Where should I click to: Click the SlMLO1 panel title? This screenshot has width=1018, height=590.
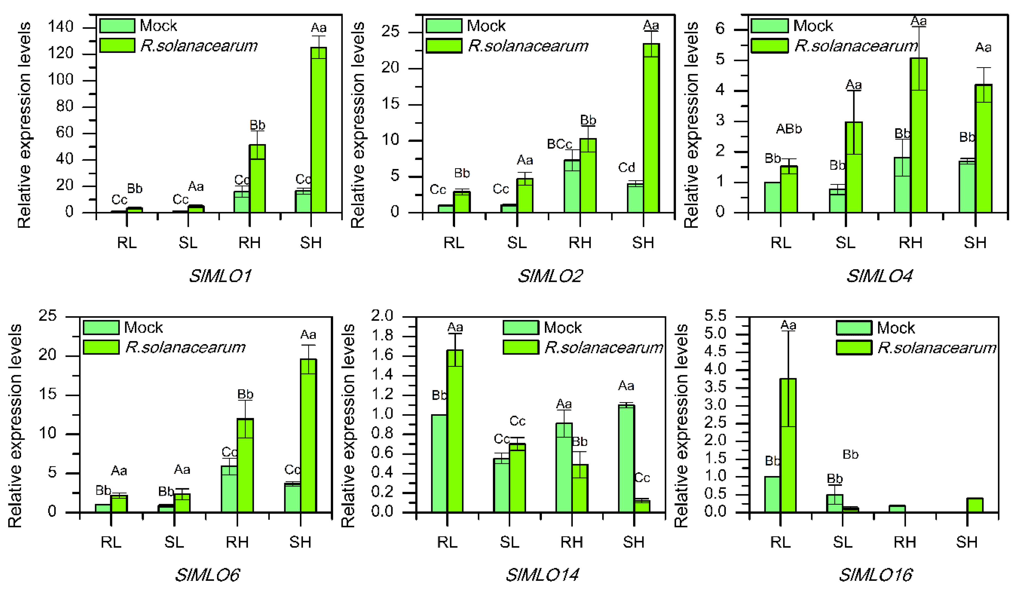(x=220, y=276)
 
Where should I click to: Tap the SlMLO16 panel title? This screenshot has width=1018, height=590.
(x=875, y=575)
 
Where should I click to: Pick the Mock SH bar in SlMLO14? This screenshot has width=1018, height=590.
(x=626, y=459)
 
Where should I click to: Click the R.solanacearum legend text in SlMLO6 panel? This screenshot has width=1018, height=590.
(x=185, y=347)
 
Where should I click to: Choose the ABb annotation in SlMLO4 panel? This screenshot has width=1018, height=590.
(x=789, y=129)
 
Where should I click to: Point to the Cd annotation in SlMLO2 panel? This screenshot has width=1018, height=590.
(x=626, y=167)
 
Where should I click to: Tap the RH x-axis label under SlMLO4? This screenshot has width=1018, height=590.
(x=910, y=243)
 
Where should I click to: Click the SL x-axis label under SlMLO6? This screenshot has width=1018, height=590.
(x=174, y=542)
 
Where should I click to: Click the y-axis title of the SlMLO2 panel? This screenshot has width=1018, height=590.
(x=357, y=125)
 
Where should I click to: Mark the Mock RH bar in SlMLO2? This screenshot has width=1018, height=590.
(x=572, y=186)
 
